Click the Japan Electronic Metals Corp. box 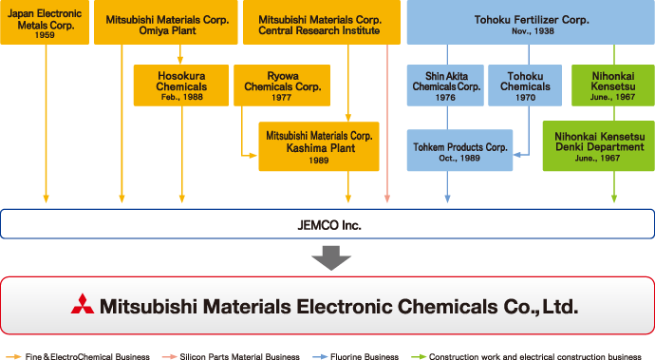[45, 22]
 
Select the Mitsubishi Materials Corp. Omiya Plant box [166, 22]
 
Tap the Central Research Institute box [322, 22]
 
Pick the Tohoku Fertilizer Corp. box [531, 22]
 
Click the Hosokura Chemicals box [181, 85]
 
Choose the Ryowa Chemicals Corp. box [282, 85]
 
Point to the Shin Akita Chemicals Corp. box [445, 85]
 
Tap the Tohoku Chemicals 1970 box [525, 85]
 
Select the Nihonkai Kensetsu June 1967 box [613, 85]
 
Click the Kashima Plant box [319, 146]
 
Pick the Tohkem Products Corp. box [459, 150]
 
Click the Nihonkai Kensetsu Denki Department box [599, 146]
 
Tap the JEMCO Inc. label [329, 225]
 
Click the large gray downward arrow [331, 258]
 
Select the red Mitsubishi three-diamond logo [83, 304]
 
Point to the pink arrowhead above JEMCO [387, 199]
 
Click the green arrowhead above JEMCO [614, 199]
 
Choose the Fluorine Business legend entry [355, 356]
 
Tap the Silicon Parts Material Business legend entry [231, 356]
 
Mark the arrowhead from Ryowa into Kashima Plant [253, 156]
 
